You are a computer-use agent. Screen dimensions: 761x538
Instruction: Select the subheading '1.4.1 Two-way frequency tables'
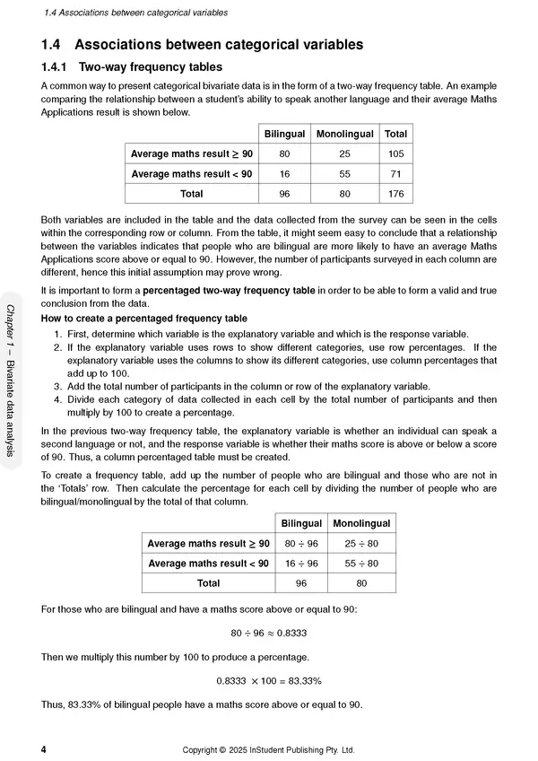click(132, 66)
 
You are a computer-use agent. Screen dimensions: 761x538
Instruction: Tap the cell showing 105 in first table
click(395, 153)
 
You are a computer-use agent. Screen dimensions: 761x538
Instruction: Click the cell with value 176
click(395, 193)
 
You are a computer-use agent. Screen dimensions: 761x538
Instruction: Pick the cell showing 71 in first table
click(395, 173)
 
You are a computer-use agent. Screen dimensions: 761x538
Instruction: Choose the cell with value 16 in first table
click(284, 173)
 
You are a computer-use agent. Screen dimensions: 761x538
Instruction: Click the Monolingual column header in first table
click(345, 134)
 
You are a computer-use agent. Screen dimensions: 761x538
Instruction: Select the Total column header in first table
click(395, 134)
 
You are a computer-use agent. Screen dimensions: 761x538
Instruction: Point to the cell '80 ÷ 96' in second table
click(301, 543)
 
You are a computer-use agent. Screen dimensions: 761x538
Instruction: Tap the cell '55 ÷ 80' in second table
click(361, 563)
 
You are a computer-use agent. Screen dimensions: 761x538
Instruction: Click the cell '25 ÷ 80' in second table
click(361, 543)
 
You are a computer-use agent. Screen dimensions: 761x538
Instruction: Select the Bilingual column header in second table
click(301, 523)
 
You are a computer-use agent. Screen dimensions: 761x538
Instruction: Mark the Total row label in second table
click(208, 582)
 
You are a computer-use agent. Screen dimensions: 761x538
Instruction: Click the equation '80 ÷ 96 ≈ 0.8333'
click(269, 633)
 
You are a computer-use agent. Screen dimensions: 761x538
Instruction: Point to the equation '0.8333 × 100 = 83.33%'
click(269, 680)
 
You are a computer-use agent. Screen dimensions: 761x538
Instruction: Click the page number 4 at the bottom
click(44, 748)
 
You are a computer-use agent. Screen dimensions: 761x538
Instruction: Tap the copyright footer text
click(269, 748)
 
